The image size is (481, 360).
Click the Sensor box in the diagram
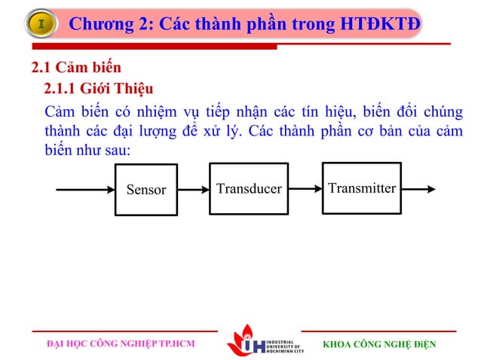coord(146,189)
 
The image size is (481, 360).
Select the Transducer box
coord(248,188)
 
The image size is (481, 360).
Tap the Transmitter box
coord(362,188)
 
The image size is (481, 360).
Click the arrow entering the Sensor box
coord(84,189)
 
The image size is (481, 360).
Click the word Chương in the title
coord(101,25)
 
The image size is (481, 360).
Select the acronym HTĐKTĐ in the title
coord(380,25)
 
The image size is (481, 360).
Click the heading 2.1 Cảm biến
coord(75,70)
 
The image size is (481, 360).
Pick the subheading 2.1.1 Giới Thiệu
coord(98,92)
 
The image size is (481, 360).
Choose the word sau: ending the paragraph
coord(115,150)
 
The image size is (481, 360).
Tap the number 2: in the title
coord(146,25)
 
